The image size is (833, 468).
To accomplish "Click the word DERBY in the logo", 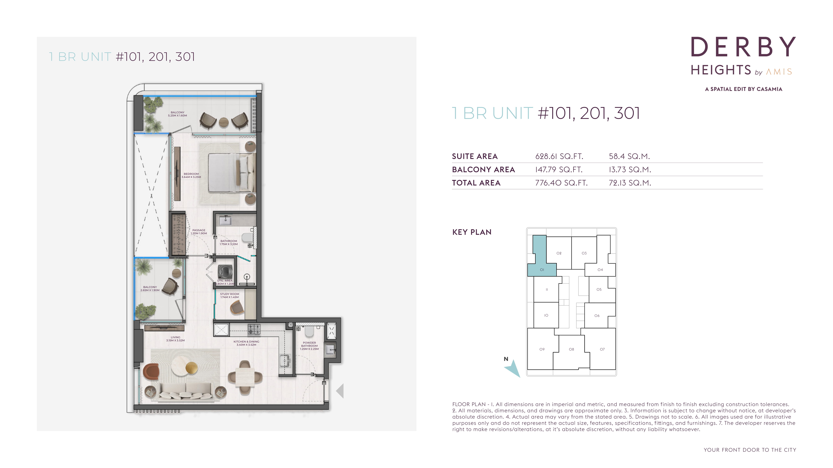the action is click(743, 47).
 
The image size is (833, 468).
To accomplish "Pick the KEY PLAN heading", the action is click(472, 232).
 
